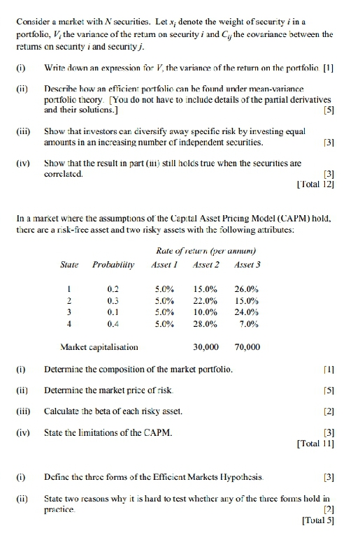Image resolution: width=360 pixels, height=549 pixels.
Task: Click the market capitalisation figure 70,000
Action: [x=247, y=346]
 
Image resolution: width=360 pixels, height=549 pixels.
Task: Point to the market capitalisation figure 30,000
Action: [x=206, y=346]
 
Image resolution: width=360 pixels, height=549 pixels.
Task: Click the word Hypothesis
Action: [x=259, y=475]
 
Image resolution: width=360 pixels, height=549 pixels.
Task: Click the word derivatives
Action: [x=308, y=100]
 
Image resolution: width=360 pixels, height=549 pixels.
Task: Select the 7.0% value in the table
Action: [x=249, y=324]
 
